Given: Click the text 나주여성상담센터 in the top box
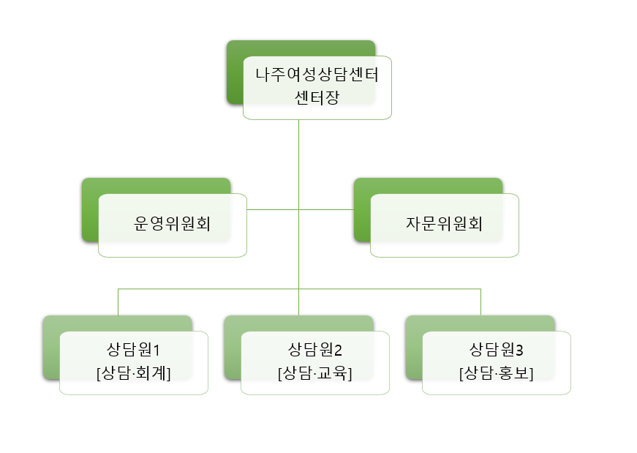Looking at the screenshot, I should click(x=318, y=75).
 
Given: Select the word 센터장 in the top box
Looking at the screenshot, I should click(x=317, y=97).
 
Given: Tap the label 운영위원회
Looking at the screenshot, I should click(x=173, y=224).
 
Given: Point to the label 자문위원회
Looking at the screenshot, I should click(x=445, y=224).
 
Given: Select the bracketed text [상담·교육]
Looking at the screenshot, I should click(x=315, y=372).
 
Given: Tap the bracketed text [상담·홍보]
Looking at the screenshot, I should click(x=497, y=372).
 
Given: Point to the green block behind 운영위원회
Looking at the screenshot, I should click(x=90, y=212).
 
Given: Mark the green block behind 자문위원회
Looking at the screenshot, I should click(x=362, y=212).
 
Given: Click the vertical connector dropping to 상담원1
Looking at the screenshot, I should click(x=118, y=302).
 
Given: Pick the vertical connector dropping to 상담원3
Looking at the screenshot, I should click(x=480, y=302).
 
